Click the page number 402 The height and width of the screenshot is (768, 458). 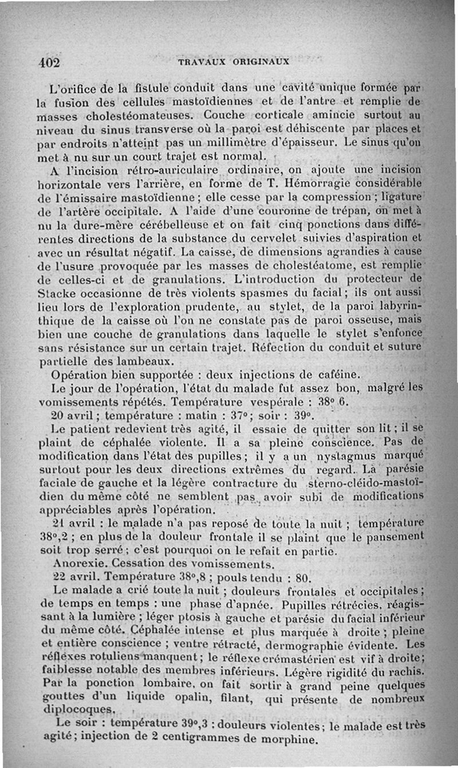click(x=49, y=62)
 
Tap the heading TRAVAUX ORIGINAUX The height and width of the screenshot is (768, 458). click(x=233, y=61)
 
